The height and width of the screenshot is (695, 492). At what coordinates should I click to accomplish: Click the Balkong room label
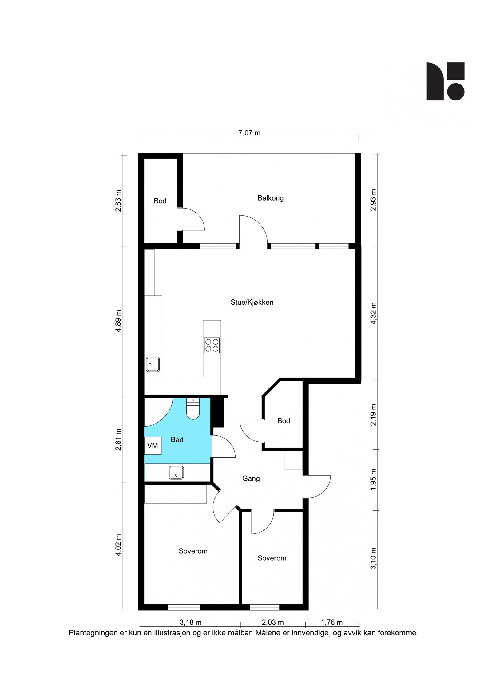pyautogui.click(x=270, y=198)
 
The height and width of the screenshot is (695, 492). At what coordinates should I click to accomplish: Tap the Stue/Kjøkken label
pyautogui.click(x=252, y=302)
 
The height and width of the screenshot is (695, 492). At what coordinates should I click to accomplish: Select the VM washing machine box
pyautogui.click(x=153, y=446)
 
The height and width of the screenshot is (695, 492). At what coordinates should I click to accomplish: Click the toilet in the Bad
pyautogui.click(x=193, y=409)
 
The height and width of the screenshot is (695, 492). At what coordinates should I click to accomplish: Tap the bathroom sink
pyautogui.click(x=176, y=472)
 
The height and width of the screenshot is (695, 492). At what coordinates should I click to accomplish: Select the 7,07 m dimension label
pyautogui.click(x=249, y=133)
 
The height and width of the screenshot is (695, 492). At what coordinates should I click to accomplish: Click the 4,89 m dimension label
pyautogui.click(x=118, y=321)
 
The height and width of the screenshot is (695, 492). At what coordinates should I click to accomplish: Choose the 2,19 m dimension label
pyautogui.click(x=373, y=415)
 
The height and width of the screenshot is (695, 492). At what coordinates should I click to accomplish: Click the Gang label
pyautogui.click(x=251, y=478)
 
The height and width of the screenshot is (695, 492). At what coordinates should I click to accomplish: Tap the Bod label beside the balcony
pyautogui.click(x=160, y=201)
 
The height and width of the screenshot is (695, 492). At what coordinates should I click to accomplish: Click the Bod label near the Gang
pyautogui.click(x=284, y=421)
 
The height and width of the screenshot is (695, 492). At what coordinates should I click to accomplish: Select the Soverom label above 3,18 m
pyautogui.click(x=193, y=551)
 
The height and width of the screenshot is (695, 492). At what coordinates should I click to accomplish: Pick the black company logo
pyautogui.click(x=445, y=81)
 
